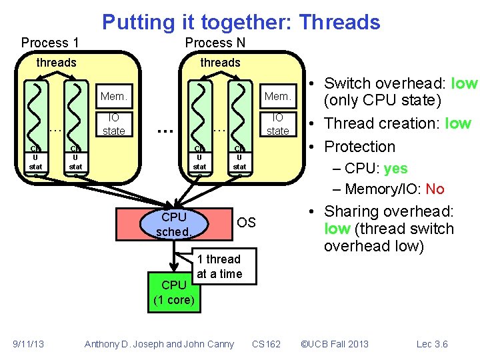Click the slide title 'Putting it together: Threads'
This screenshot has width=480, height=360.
click(x=241, y=22)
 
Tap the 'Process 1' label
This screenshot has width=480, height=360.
click(x=50, y=43)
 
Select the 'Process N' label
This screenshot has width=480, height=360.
click(x=215, y=43)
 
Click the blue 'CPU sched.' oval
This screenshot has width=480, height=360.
click(x=174, y=224)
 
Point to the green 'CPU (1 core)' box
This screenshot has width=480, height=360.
click(x=173, y=292)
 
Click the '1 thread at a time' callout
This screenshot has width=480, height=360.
click(x=219, y=267)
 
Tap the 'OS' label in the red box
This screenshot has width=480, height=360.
click(x=246, y=223)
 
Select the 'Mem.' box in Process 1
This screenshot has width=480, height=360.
click(x=113, y=97)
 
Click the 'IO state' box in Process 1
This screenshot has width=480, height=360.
click(x=113, y=125)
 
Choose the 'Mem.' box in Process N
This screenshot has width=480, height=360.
click(x=278, y=97)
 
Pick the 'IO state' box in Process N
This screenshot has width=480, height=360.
click(x=278, y=125)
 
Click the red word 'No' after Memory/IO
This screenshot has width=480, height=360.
click(x=435, y=189)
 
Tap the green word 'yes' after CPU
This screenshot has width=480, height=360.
click(x=395, y=169)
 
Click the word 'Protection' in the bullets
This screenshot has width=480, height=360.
click(x=360, y=147)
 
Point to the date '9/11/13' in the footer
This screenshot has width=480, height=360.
click(x=28, y=344)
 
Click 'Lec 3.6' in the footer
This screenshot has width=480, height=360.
click(x=432, y=344)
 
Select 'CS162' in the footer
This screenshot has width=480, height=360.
click(x=267, y=344)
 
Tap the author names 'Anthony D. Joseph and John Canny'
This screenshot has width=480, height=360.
click(x=159, y=344)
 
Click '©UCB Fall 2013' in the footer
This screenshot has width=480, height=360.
click(x=335, y=344)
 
